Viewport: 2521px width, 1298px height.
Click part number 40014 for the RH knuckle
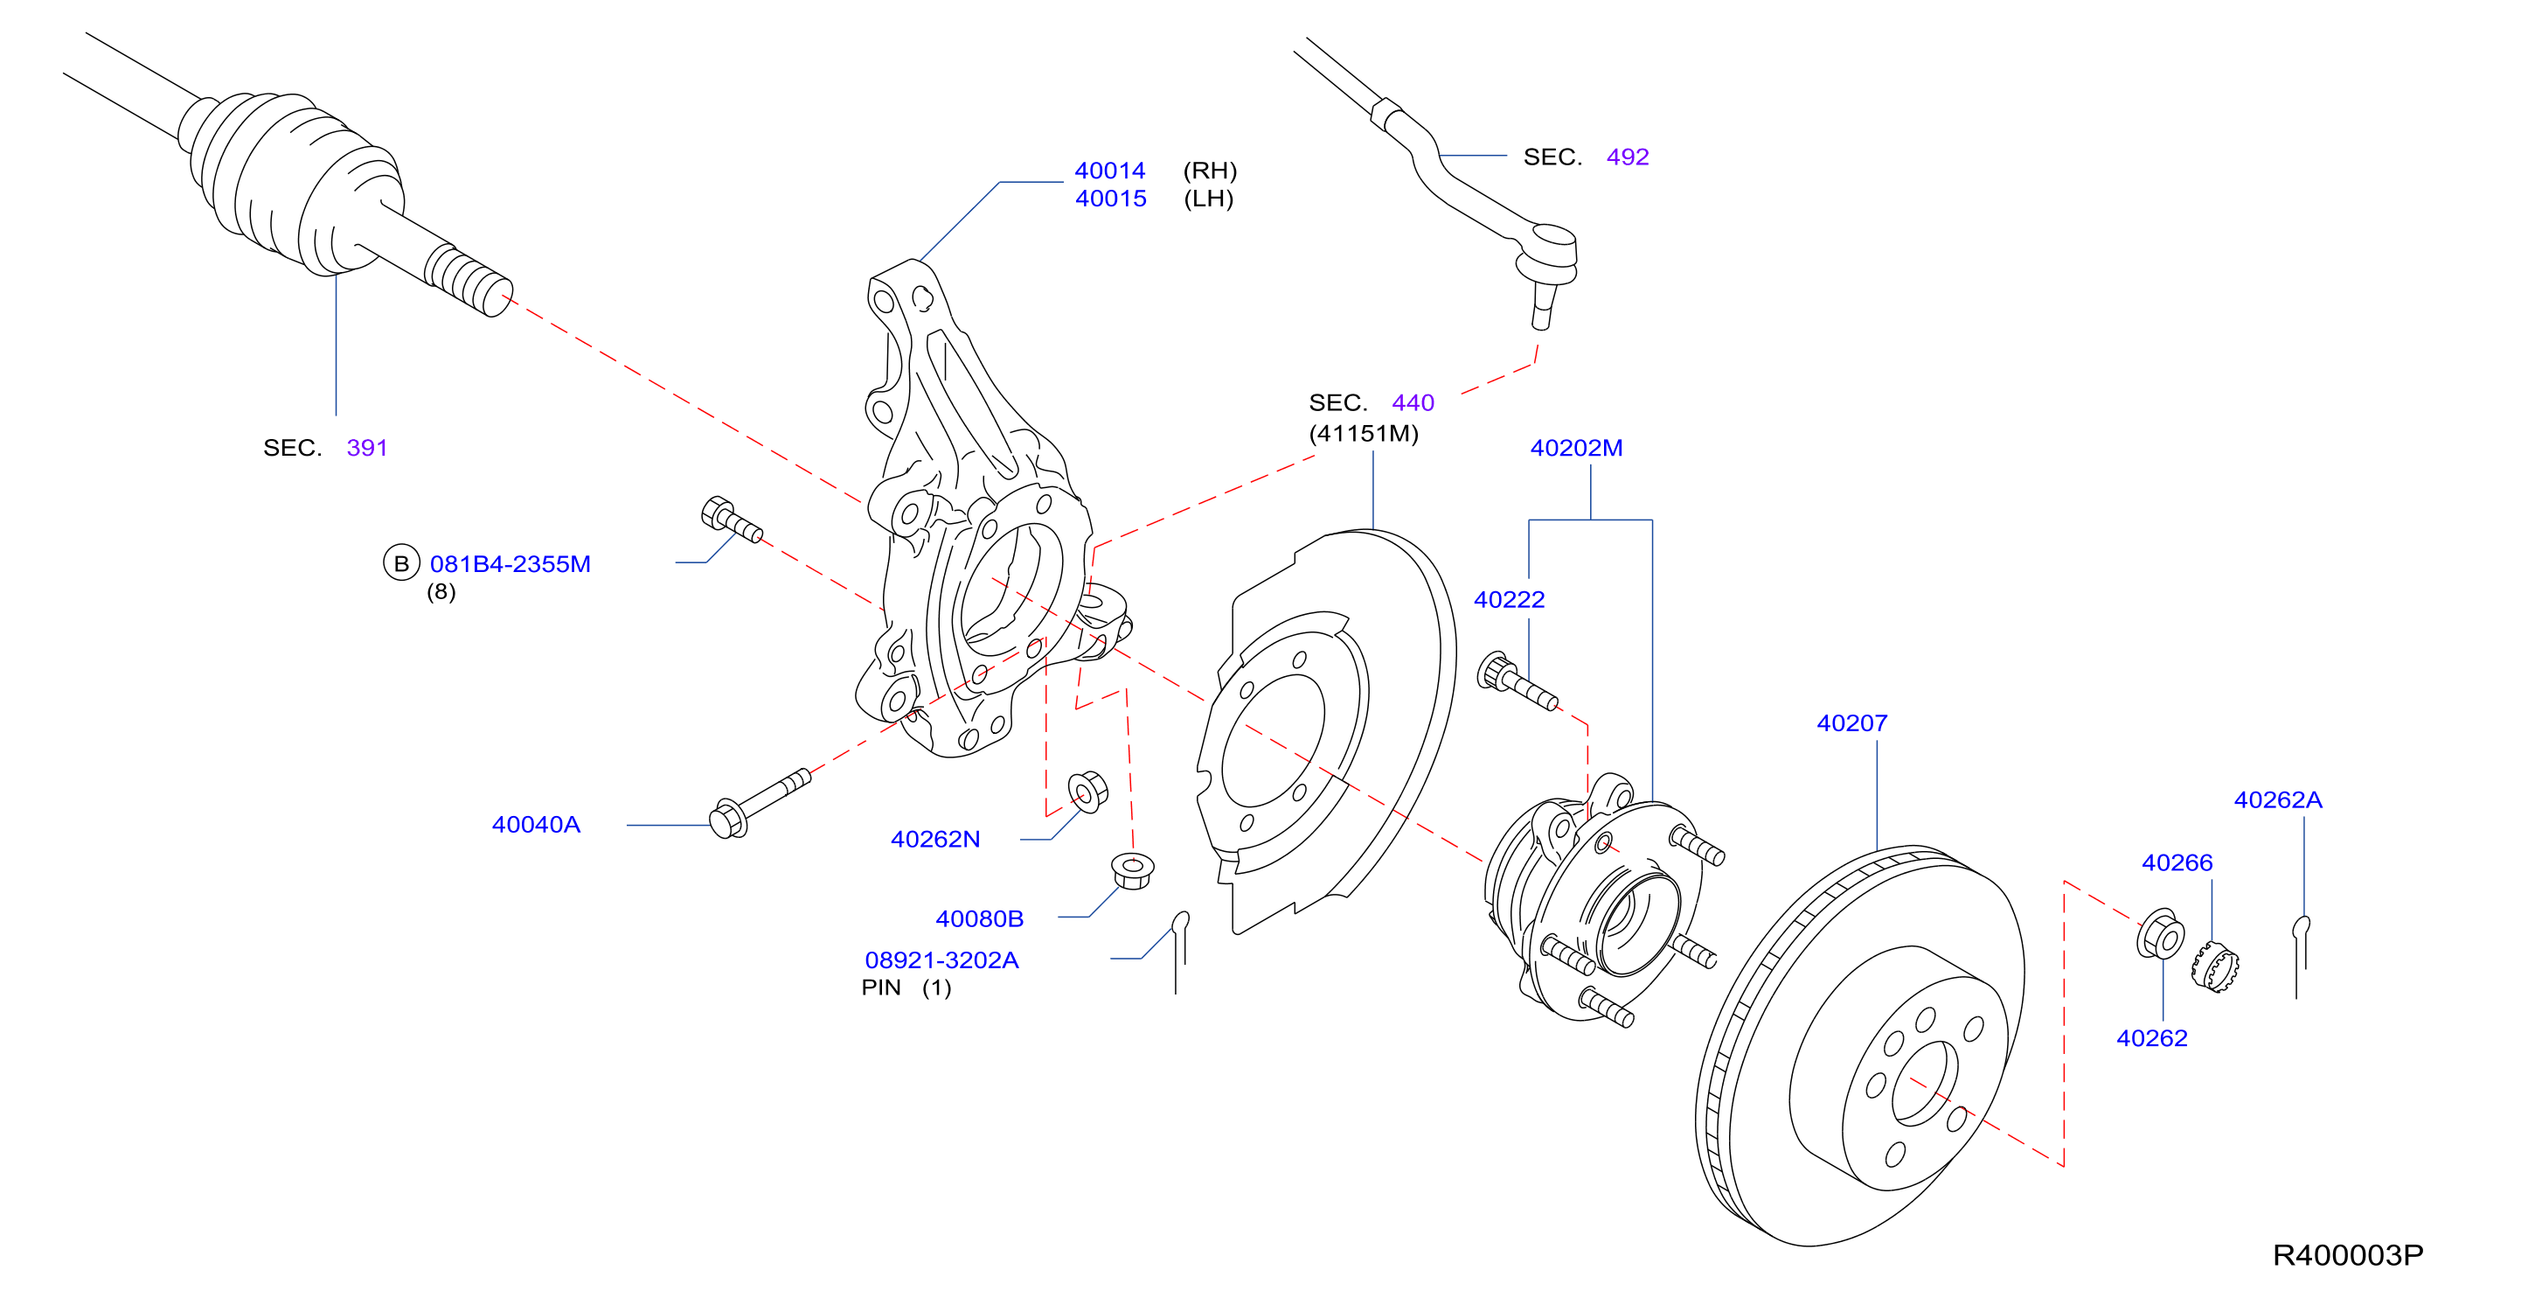tap(1110, 171)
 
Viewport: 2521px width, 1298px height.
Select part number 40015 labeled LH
tap(1111, 199)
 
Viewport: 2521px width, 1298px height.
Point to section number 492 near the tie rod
tap(1628, 157)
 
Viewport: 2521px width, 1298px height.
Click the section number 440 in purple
tap(1413, 402)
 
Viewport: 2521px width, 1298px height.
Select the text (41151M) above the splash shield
tap(1364, 433)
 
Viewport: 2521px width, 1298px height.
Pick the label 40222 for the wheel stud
tap(1509, 599)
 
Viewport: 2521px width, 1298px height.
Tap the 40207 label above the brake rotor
tap(1851, 722)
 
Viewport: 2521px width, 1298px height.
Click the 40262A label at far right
tap(2277, 799)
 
